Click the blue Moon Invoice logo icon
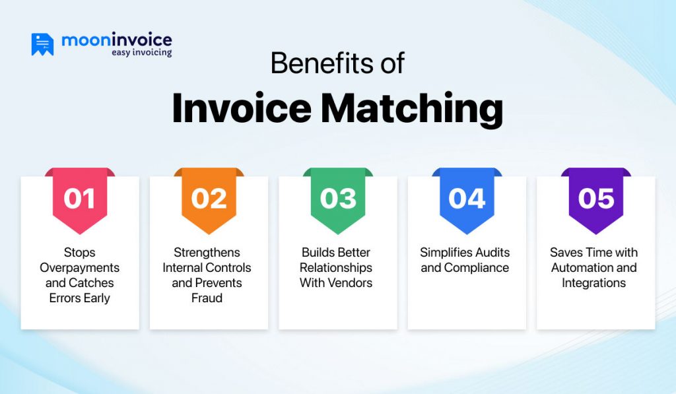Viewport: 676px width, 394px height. tap(42, 44)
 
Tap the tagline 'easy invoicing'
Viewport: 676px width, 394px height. tap(141, 53)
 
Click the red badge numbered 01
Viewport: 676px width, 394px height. tap(80, 199)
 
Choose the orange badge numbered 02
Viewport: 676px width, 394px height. tap(209, 199)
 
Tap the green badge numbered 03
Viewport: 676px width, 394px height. tap(338, 199)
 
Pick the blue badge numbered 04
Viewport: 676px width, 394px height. tap(467, 199)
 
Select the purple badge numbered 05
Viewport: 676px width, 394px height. tap(595, 199)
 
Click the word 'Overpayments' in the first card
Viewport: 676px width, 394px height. tap(80, 268)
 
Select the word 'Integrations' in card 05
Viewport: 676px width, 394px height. tap(594, 283)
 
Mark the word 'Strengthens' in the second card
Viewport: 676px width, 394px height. tap(207, 253)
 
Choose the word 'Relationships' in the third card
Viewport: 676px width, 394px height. tap(336, 268)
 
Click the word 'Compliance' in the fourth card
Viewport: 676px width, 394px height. tap(477, 268)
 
